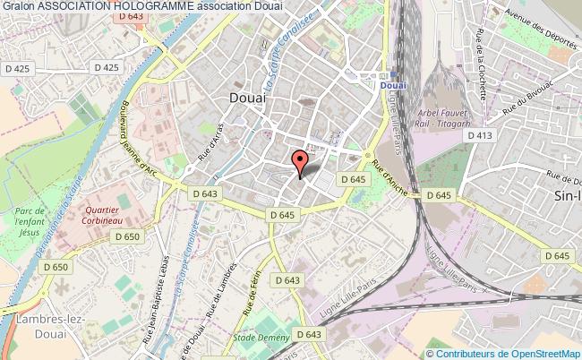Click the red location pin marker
coord(301,163)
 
